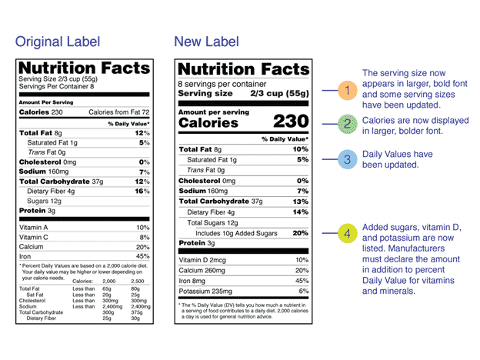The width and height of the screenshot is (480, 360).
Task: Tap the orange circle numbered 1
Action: pos(347,90)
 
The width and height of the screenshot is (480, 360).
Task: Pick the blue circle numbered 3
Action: pos(347,160)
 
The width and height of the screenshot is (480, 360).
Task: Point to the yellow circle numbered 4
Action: pos(347,233)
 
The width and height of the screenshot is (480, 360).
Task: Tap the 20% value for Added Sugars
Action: pos(300,233)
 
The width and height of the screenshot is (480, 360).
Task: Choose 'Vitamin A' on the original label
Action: pos(33,228)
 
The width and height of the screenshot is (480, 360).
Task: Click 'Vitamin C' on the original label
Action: pos(33,238)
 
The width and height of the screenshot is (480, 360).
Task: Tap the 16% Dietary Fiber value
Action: pos(142,190)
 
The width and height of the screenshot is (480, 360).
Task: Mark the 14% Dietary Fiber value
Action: pos(300,212)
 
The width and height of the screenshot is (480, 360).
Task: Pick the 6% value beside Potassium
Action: pos(303,292)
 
